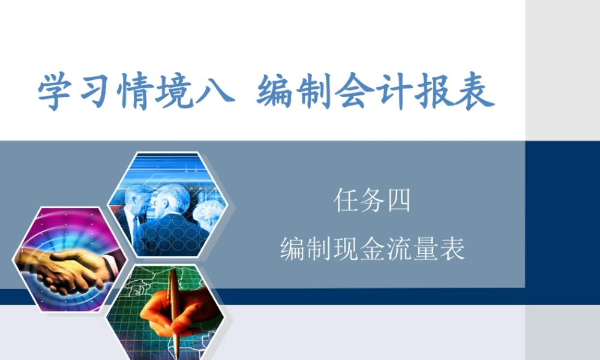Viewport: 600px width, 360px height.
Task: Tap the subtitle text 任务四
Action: [x=373, y=200]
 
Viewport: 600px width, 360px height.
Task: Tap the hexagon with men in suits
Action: [x=165, y=204]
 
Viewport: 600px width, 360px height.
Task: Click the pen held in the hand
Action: [x=173, y=300]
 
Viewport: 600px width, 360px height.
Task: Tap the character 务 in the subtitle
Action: [x=373, y=200]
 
